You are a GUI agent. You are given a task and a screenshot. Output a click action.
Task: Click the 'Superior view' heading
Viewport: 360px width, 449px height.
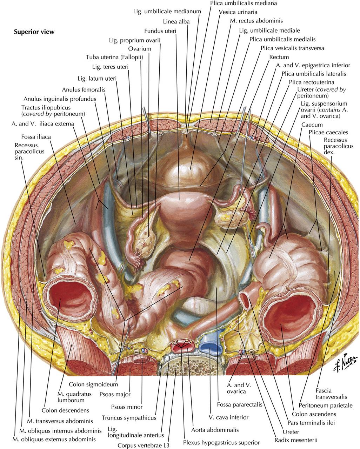[x=34, y=32]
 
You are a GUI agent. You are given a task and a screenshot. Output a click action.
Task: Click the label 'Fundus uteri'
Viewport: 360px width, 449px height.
[x=160, y=31]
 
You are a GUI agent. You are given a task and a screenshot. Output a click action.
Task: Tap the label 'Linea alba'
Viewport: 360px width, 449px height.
[x=176, y=22]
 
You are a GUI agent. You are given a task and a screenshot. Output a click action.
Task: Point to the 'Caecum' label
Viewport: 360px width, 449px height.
[x=312, y=125]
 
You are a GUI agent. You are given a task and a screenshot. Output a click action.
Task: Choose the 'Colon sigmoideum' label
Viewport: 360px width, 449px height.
[x=93, y=384]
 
